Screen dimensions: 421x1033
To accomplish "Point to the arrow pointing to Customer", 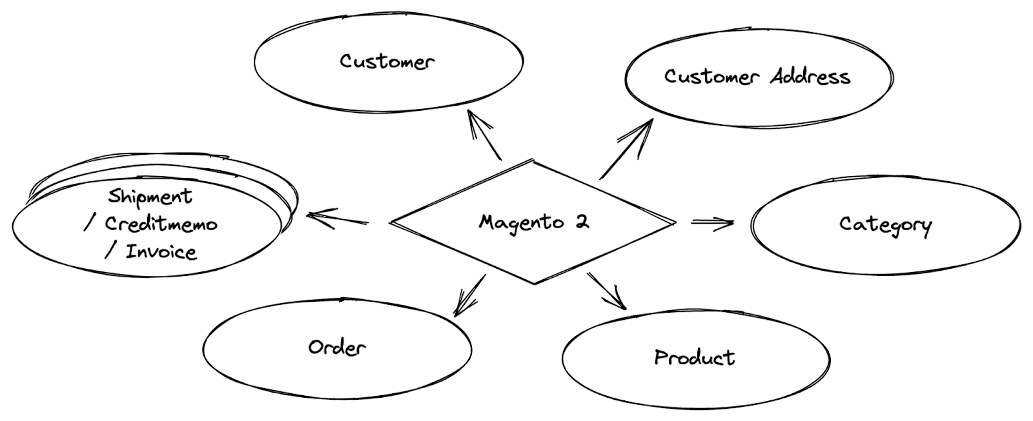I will [x=484, y=135].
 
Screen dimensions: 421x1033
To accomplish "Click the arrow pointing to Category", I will [x=712, y=222].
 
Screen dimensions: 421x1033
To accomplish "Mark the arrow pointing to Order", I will [x=469, y=295].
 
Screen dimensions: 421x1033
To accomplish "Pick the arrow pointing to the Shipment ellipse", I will [x=337, y=219].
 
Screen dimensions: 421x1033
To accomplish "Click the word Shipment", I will [x=150, y=197].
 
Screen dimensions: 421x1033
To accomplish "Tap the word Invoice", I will [x=161, y=251].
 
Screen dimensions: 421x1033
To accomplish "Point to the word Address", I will [x=810, y=77].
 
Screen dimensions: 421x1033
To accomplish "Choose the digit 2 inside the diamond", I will [x=582, y=222].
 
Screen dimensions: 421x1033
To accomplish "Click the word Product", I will [x=695, y=357].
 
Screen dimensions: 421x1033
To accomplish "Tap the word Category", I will [x=886, y=225].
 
